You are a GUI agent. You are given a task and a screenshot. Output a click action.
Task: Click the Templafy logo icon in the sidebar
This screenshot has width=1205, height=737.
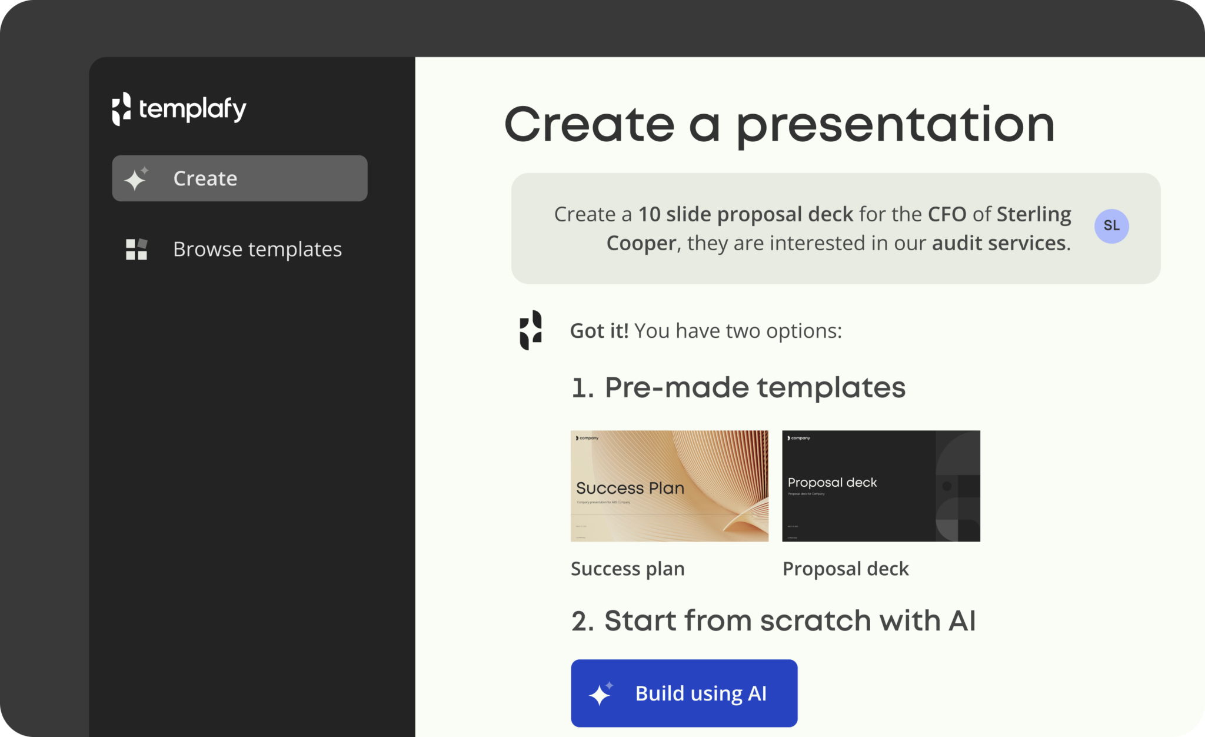[x=121, y=109]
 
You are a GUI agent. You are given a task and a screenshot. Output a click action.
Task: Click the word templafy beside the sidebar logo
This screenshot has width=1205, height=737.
[x=192, y=109]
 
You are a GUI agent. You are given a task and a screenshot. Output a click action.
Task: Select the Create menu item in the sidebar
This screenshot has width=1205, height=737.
[x=239, y=178]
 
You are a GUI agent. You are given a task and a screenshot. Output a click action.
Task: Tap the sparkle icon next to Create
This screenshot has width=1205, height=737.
[x=137, y=178]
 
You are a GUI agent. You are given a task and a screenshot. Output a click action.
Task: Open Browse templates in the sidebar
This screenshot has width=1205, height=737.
[x=257, y=250]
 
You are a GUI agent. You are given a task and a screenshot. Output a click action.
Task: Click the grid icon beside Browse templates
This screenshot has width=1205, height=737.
[x=137, y=250]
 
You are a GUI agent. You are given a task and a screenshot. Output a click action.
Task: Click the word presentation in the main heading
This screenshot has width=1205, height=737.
[x=895, y=125]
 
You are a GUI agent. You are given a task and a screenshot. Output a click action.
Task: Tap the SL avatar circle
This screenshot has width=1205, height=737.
[x=1111, y=226]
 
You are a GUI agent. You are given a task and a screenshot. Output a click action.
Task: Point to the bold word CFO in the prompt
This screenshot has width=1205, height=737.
[x=947, y=214]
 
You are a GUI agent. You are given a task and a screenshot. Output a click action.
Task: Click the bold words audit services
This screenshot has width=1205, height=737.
[x=998, y=243]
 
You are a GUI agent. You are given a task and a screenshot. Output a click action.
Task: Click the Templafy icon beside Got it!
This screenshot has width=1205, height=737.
[x=530, y=330]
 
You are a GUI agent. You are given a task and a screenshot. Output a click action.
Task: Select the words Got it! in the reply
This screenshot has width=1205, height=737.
[x=599, y=331]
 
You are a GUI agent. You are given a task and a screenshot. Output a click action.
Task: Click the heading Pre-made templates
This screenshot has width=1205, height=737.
[x=754, y=388]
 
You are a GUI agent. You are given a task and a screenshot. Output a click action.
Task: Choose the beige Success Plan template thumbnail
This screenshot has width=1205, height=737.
[x=669, y=486]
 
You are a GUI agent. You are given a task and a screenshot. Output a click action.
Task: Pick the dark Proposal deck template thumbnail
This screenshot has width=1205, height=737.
[x=881, y=486]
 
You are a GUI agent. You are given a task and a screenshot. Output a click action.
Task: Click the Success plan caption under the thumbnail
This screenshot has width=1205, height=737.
[x=627, y=569]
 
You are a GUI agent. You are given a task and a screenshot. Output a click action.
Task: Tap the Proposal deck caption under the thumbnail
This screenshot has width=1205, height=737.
[x=846, y=569]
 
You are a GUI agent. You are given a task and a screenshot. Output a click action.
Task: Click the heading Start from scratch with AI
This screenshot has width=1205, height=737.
[x=789, y=621]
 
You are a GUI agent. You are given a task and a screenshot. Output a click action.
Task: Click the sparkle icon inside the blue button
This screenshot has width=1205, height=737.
[x=601, y=694]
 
